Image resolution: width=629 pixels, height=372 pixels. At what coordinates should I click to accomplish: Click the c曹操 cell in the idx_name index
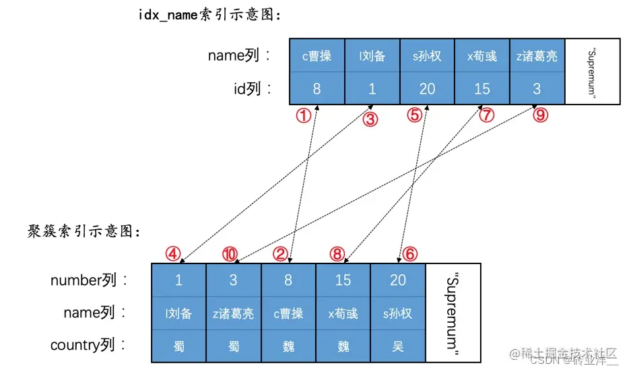click(x=317, y=56)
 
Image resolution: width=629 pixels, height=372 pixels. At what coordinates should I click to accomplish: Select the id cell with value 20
click(x=427, y=89)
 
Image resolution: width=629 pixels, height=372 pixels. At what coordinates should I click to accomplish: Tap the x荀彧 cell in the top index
click(x=482, y=56)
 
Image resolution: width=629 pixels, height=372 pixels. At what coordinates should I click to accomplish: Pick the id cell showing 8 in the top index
click(x=317, y=89)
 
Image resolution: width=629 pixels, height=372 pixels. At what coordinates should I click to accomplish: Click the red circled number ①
click(x=304, y=115)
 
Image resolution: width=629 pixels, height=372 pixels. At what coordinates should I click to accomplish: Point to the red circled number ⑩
click(x=230, y=254)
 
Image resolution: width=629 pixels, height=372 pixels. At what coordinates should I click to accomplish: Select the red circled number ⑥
click(x=410, y=254)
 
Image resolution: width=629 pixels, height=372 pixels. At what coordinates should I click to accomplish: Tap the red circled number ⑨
click(x=540, y=115)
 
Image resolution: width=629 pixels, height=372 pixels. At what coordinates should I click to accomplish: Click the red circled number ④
click(x=174, y=254)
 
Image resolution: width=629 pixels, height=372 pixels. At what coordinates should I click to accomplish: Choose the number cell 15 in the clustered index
click(x=343, y=280)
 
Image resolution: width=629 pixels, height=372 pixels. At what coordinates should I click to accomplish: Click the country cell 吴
click(x=398, y=346)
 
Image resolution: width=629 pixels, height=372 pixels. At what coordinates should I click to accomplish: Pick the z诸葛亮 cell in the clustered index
click(x=234, y=313)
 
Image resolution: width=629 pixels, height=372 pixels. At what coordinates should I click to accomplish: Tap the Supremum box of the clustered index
click(x=453, y=313)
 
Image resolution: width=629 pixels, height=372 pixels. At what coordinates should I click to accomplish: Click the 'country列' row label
click(x=88, y=346)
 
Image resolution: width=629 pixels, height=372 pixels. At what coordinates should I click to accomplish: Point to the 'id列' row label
click(x=253, y=89)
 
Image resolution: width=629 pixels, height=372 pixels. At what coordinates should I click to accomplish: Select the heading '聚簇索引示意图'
click(x=75, y=232)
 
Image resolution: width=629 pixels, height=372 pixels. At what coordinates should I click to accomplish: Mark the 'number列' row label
click(x=88, y=280)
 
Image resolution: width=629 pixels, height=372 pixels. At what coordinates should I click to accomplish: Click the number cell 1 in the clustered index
click(x=178, y=280)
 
